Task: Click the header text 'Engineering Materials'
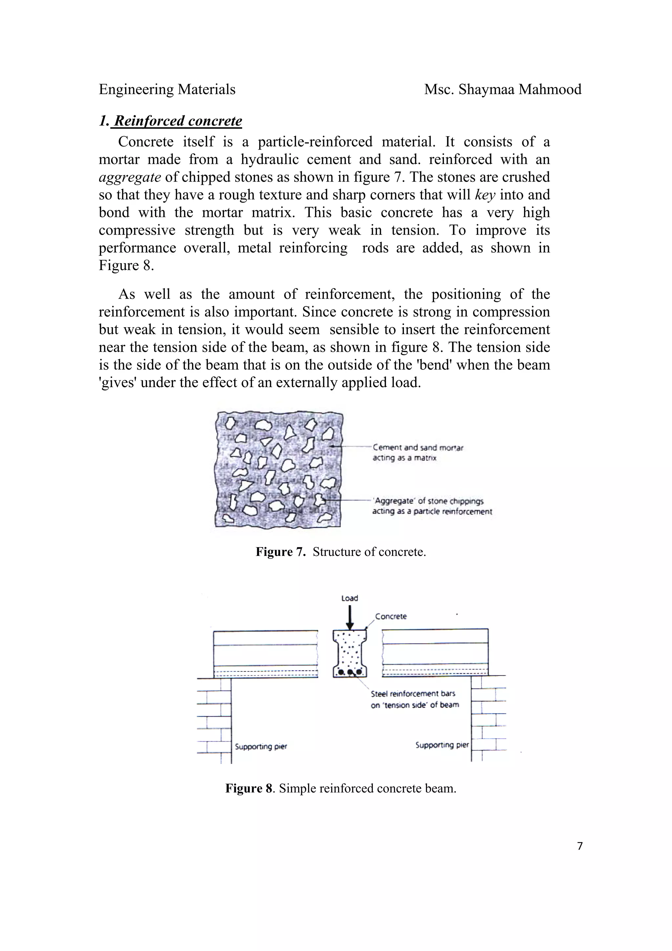tap(167, 90)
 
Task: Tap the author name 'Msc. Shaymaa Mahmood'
tap(503, 90)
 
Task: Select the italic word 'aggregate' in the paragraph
tap(130, 177)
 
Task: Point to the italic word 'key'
tap(485, 195)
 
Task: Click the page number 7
tap(580, 846)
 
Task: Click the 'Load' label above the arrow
tap(349, 598)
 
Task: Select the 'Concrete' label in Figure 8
tap(390, 616)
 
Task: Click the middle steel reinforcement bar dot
tap(350, 672)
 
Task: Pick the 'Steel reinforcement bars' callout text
tap(413, 694)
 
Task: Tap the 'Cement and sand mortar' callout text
tap(418, 447)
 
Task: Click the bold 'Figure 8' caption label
tap(248, 788)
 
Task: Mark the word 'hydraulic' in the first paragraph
tap(269, 159)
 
